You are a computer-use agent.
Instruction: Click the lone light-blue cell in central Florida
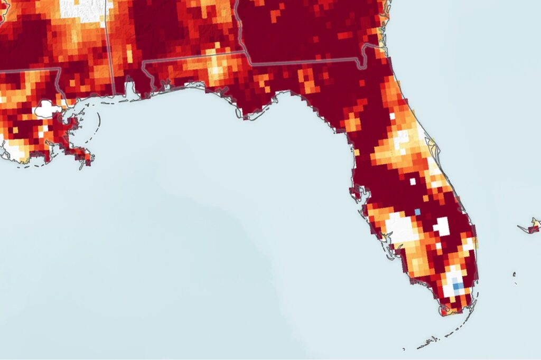[417, 212]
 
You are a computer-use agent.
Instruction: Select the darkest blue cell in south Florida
[458, 286]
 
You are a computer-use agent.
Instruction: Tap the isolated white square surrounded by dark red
[413, 182]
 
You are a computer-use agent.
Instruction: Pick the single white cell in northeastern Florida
[392, 116]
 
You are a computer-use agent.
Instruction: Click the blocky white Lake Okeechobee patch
[442, 226]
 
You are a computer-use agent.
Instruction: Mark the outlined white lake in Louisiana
[47, 109]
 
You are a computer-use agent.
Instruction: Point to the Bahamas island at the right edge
[533, 225]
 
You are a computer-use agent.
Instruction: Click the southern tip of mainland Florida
[444, 312]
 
